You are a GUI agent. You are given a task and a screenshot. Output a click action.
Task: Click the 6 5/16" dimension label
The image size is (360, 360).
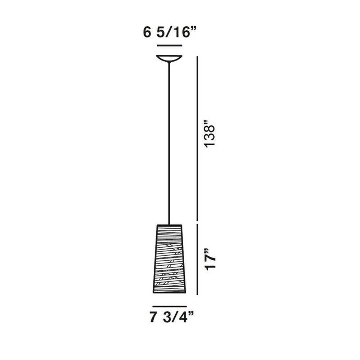pyautogui.click(x=170, y=32)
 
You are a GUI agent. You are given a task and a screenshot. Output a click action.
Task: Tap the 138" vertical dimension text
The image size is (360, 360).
pyautogui.click(x=210, y=134)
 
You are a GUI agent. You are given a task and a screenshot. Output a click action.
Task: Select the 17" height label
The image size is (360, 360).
pyautogui.click(x=210, y=259)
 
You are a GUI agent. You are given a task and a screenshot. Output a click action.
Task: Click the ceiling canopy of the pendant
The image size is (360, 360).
pyautogui.click(x=169, y=58)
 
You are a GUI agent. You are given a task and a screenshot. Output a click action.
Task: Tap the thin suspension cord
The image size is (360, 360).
pyautogui.click(x=169, y=143)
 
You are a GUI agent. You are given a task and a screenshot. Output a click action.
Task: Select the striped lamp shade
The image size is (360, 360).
pyautogui.click(x=169, y=259)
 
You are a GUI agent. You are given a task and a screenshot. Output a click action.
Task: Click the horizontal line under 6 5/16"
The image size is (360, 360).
pyautogui.click(x=170, y=46)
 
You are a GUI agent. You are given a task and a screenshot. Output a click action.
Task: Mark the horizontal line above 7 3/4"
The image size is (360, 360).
pyautogui.click(x=170, y=306)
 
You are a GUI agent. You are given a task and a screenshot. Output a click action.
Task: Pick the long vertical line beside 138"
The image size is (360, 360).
pyautogui.click(x=197, y=138)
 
